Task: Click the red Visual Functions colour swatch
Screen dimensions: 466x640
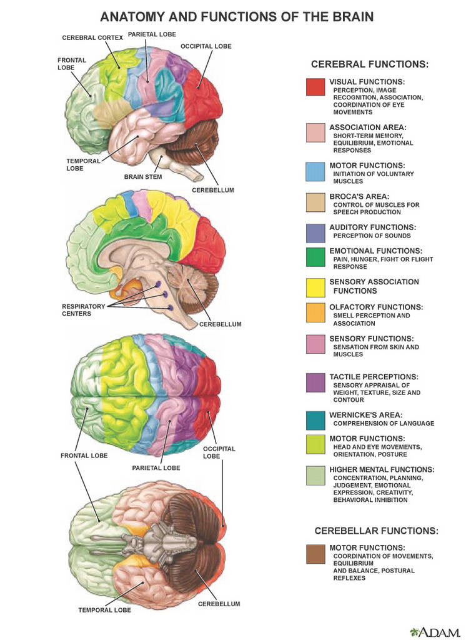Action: (x=315, y=87)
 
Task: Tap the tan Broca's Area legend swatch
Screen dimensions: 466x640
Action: (x=315, y=202)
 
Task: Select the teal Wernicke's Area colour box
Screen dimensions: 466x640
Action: (x=315, y=421)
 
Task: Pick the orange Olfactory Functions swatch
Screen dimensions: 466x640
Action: (x=315, y=312)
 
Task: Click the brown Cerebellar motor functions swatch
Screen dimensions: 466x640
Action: (x=315, y=554)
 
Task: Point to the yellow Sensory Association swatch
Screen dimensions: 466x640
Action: (x=315, y=287)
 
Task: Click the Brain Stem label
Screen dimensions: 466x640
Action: (x=143, y=177)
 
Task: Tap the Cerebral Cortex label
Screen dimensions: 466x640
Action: (x=92, y=37)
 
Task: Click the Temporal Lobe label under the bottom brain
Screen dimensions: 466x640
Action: (x=104, y=610)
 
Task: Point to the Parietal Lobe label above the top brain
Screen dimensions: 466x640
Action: (x=152, y=34)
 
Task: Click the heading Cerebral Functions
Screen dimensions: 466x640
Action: (x=370, y=64)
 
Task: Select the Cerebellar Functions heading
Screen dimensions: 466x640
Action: (x=376, y=531)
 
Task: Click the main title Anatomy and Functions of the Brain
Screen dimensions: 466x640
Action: (x=237, y=17)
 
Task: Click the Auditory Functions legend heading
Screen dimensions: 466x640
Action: (x=372, y=227)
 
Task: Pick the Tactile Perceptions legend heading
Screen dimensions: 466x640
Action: (x=374, y=377)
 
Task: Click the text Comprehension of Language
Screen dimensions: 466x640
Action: (x=384, y=423)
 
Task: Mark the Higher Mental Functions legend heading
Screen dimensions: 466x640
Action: (x=382, y=469)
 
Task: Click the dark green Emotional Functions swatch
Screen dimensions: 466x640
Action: (x=315, y=257)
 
